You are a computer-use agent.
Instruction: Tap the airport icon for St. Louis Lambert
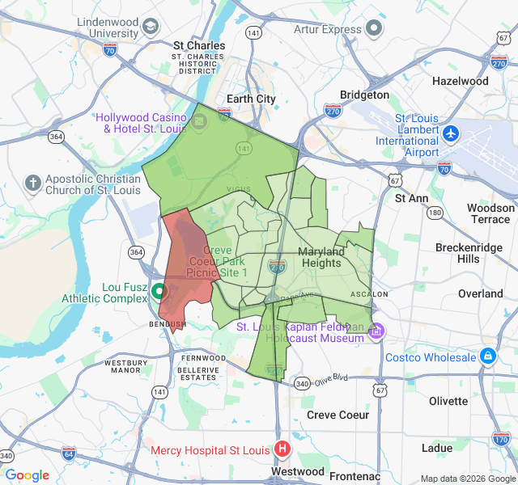pyautogui.click(x=451, y=133)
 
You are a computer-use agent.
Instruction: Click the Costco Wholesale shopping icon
pyautogui.click(x=487, y=356)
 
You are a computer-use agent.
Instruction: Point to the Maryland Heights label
pyautogui.click(x=321, y=257)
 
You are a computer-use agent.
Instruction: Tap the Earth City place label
pyautogui.click(x=251, y=99)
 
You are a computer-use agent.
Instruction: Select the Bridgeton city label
pyautogui.click(x=364, y=95)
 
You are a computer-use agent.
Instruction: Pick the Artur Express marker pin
pyautogui.click(x=373, y=29)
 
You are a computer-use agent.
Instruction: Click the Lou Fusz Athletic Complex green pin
pyautogui.click(x=159, y=293)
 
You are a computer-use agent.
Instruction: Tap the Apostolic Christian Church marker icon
pyautogui.click(x=33, y=183)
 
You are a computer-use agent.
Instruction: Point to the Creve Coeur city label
pyautogui.click(x=338, y=415)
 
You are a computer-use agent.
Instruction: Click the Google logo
pyautogui.click(x=28, y=475)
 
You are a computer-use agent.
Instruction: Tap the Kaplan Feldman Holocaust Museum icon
pyautogui.click(x=376, y=331)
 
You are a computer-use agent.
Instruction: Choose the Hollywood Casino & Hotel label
pyautogui.click(x=145, y=123)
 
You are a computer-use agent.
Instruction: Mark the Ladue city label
pyautogui.click(x=436, y=448)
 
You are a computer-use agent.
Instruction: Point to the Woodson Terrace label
pyautogui.click(x=490, y=213)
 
